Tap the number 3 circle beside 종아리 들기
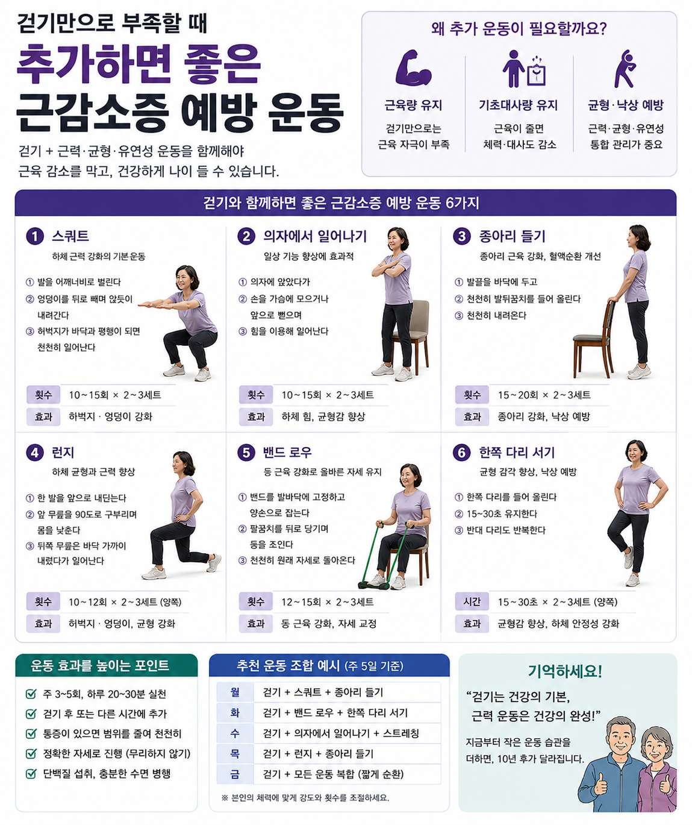462,236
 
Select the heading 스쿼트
70,236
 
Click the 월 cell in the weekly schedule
235,692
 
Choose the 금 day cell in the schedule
235,774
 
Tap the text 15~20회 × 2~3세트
544,395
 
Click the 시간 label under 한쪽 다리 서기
472,601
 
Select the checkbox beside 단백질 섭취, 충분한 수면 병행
31,774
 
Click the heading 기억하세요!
565,671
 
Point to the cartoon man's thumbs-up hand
600,785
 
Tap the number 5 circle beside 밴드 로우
246,453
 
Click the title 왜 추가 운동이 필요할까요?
519,29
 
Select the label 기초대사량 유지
518,105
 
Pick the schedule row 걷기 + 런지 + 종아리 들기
319,754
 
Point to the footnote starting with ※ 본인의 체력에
305,798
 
